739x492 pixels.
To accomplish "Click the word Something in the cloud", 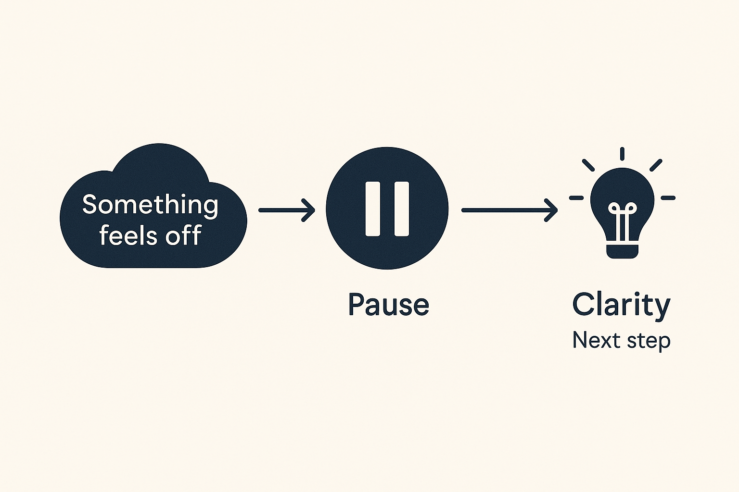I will coord(150,205).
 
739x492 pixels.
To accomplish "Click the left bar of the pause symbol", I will coord(373,209).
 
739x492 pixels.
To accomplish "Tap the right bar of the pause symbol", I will coord(402,209).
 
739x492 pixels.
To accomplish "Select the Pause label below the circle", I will coord(388,305).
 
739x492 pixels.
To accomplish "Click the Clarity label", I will coord(621,305).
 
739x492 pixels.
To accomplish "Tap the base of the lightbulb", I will coord(622,251).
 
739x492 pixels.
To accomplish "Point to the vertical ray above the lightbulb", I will coord(622,154).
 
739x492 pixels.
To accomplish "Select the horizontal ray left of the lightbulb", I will coord(576,197).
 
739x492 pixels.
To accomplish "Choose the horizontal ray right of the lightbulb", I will coord(668,197).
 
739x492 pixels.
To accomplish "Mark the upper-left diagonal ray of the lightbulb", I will coord(588,165).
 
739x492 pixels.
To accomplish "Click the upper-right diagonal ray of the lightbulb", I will coord(656,165).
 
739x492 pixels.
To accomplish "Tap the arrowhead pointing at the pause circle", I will coord(309,210).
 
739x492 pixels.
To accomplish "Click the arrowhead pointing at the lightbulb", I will coord(552,210).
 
